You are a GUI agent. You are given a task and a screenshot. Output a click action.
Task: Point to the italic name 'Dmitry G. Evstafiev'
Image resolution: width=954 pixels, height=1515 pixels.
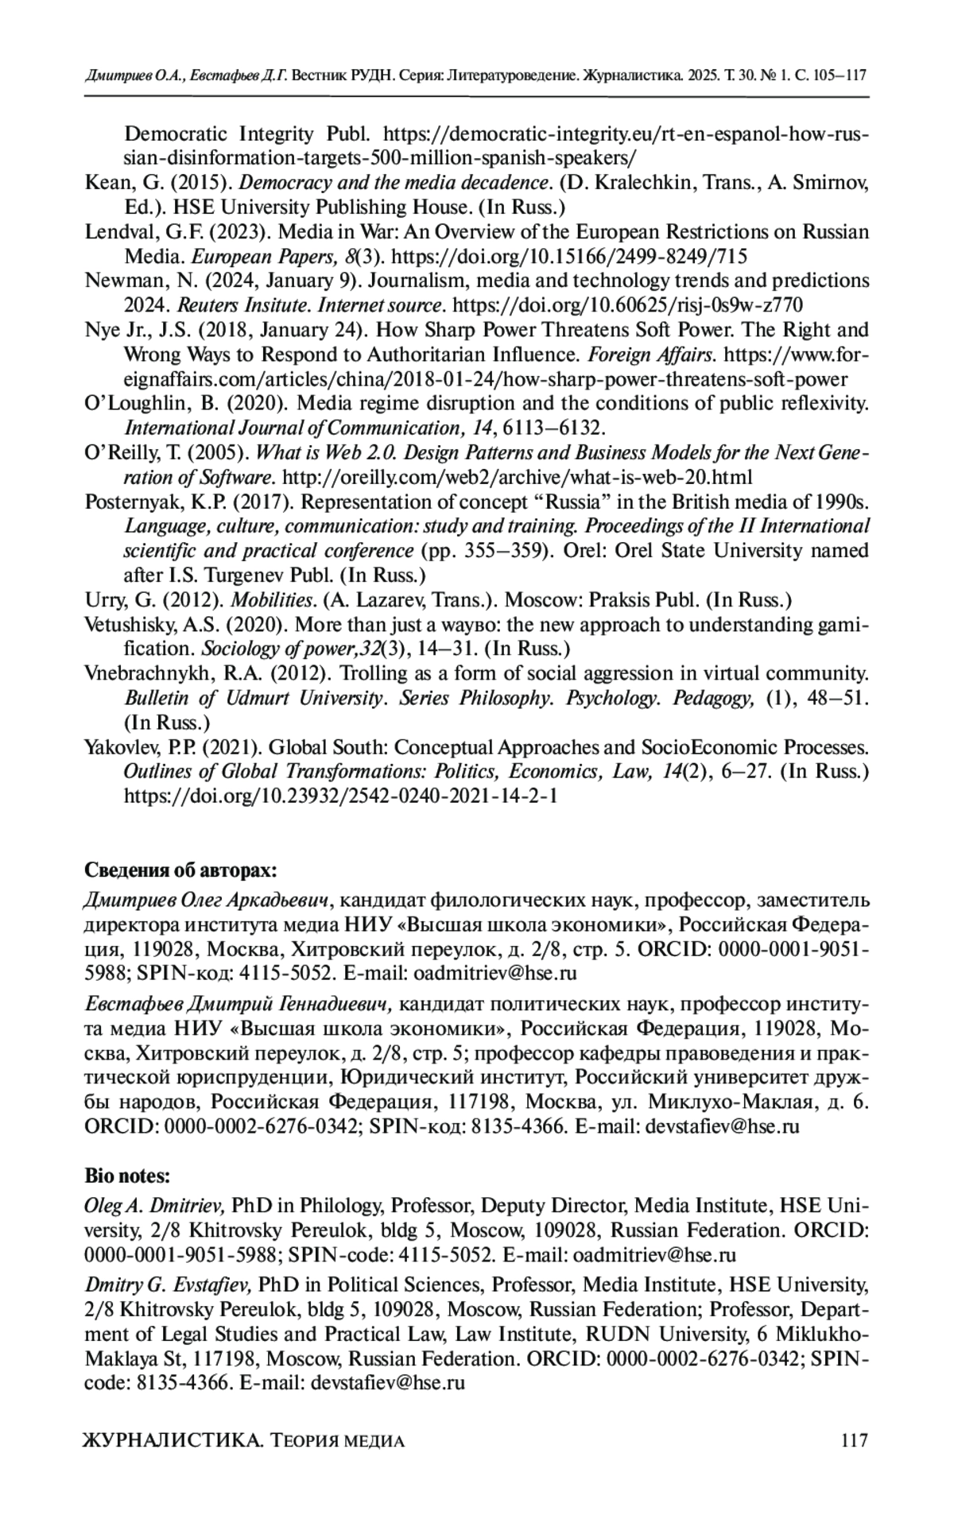tap(168, 1284)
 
